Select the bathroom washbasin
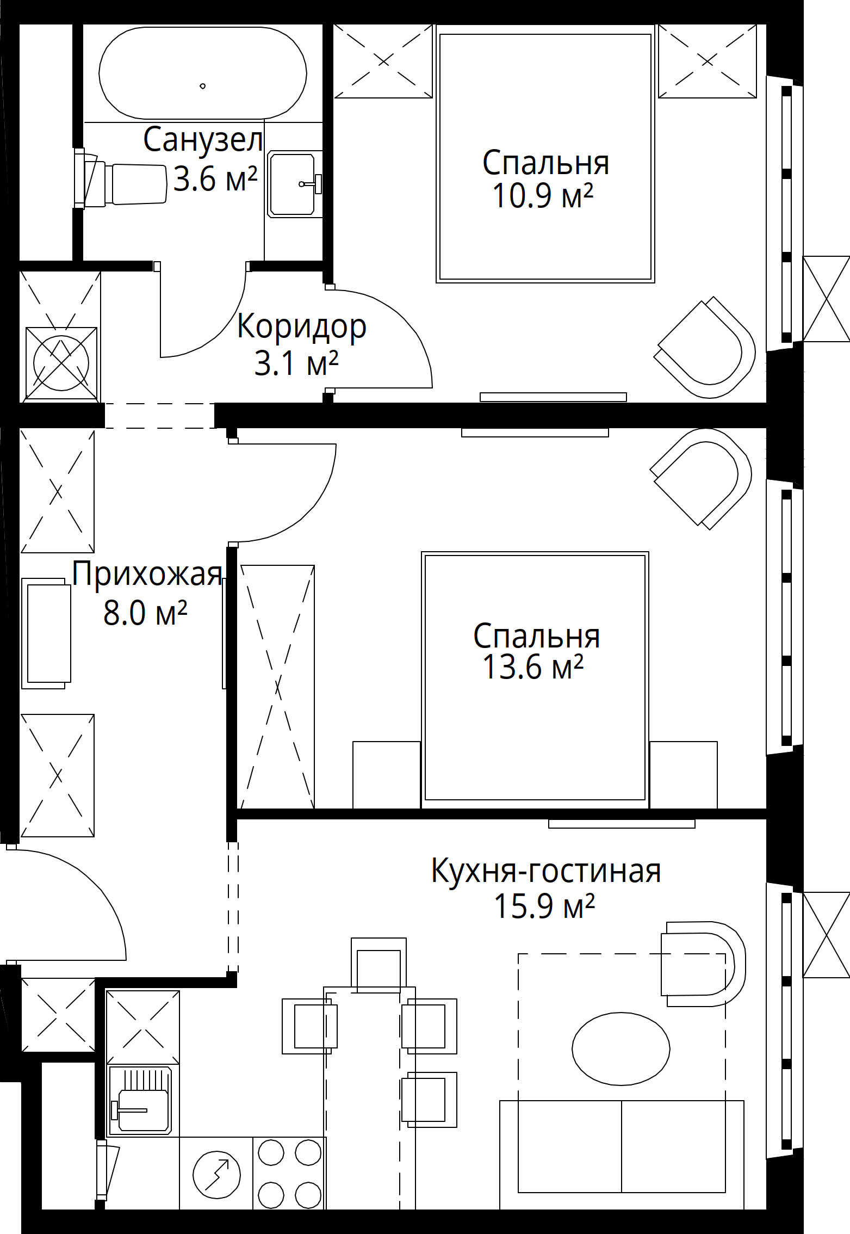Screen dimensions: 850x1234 pos(294,184)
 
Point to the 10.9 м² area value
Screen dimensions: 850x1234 pos(543,196)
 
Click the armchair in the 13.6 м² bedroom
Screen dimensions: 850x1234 pos(702,479)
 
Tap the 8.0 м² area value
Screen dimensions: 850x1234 pos(146,613)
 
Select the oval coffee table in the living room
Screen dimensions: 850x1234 pos(621,1049)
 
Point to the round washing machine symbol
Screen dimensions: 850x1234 pos(61,363)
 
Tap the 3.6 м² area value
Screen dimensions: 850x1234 pos(215,178)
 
